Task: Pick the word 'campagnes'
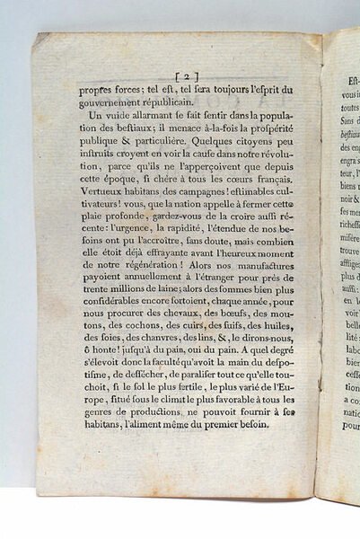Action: tap(199, 185)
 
